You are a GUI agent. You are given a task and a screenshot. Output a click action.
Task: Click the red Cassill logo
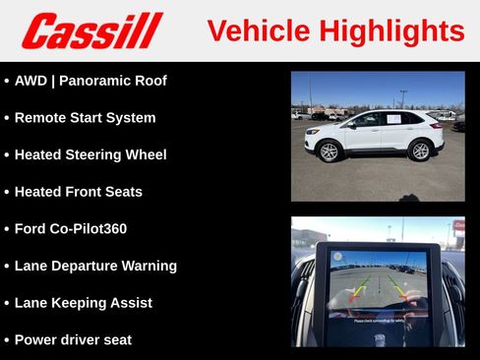coord(91,30)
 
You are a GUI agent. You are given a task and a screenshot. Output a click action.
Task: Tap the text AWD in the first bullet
coord(30,81)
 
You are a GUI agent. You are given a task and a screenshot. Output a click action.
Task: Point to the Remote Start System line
coord(85,118)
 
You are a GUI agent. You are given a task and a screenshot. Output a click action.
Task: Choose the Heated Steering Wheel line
coord(90,154)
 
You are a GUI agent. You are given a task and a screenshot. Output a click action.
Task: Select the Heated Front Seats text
coord(78,192)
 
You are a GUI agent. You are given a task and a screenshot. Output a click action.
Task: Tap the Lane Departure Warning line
coord(95,266)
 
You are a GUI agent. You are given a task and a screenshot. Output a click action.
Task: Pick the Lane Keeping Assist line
coord(83,303)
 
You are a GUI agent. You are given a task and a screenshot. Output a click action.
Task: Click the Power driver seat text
coord(73,340)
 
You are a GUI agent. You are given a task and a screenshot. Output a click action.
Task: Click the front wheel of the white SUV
coord(329,151)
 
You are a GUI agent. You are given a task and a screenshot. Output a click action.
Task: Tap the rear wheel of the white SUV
coord(420,150)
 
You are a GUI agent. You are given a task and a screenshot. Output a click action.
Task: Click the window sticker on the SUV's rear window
coord(394,119)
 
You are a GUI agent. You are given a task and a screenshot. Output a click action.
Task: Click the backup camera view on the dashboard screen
coord(378,285)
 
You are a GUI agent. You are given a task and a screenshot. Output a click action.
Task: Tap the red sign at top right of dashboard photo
coord(458,226)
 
